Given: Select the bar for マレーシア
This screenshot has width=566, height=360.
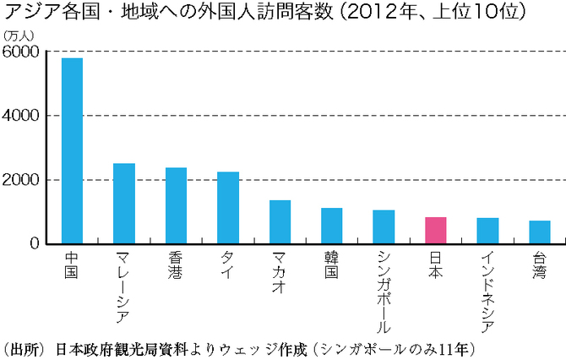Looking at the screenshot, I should (x=124, y=203).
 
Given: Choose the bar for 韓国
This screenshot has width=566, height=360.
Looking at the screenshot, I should (x=332, y=226).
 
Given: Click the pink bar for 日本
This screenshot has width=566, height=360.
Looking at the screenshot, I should (x=436, y=230).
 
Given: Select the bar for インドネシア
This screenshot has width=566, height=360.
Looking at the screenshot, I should (x=487, y=231).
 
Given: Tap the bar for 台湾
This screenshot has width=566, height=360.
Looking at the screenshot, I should (x=540, y=232).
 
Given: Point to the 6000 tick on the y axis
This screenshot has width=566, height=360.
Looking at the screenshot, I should (x=21, y=52).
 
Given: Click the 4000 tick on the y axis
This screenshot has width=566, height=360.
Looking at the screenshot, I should (x=21, y=116).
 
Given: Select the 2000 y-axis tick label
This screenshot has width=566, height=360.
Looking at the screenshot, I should (x=21, y=180).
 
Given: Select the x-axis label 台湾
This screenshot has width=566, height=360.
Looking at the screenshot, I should (x=540, y=264).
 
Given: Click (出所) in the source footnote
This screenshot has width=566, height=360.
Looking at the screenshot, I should (x=24, y=347).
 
